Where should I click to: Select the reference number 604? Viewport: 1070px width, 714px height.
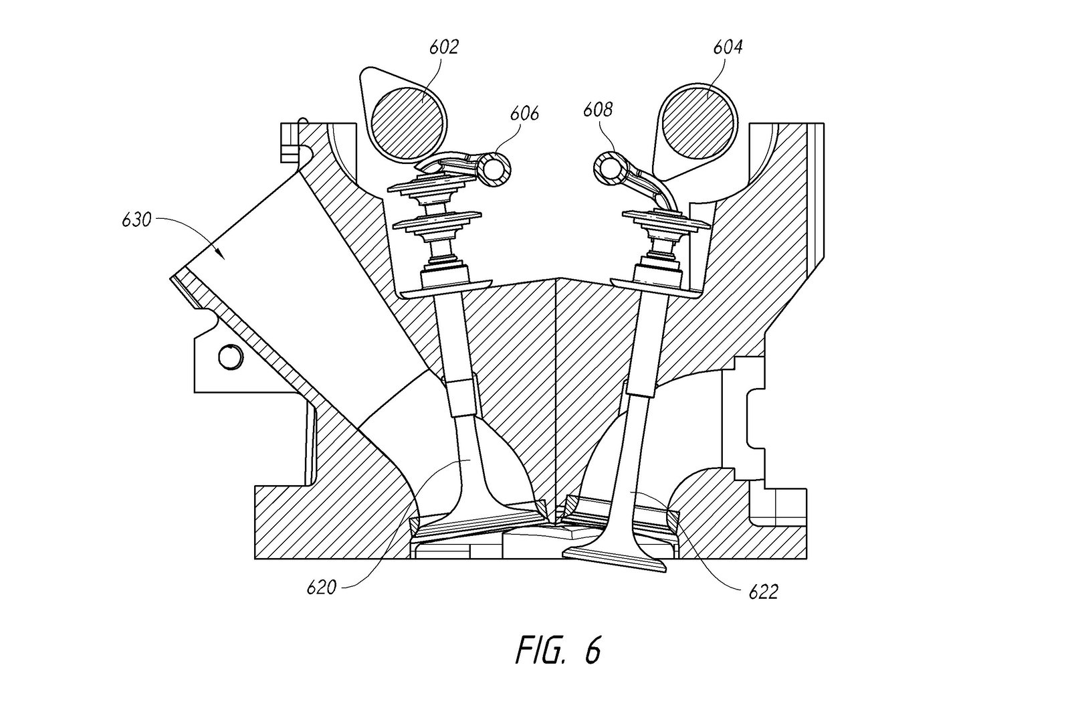pos(727,48)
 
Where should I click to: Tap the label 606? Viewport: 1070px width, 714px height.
pos(524,114)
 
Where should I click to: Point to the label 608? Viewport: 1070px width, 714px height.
pos(597,109)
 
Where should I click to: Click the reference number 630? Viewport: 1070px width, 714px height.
pos(136,219)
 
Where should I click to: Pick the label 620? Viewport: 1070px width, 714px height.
pos(322,588)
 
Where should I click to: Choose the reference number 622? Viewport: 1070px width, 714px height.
pos(763,592)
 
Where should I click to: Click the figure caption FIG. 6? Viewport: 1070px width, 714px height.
pos(558,652)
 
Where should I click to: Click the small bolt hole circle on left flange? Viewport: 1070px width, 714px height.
pos(229,356)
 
